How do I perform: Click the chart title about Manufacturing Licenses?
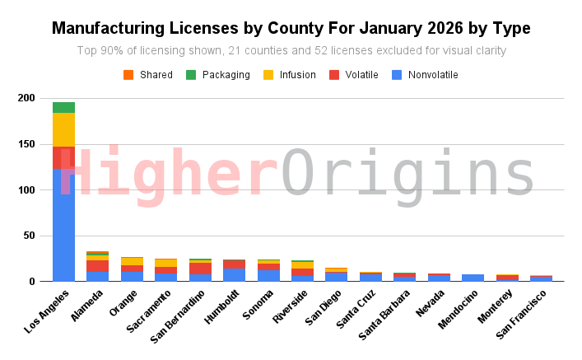click(291, 28)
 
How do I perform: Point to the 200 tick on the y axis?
click(29, 98)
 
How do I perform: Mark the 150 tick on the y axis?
click(29, 144)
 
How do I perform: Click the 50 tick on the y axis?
click(31, 236)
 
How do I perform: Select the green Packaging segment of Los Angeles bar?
click(63, 107)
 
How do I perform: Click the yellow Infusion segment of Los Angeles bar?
click(63, 129)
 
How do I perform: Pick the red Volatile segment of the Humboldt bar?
click(234, 264)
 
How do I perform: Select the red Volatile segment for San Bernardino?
click(200, 269)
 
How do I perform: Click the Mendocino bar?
click(473, 278)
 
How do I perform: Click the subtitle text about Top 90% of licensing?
click(291, 51)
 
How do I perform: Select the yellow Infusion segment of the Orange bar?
click(132, 261)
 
